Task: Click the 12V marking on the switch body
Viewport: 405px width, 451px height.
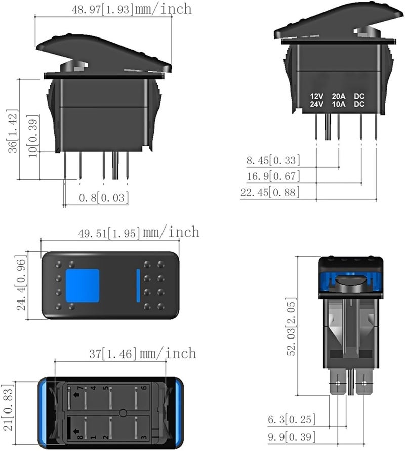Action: tap(317, 96)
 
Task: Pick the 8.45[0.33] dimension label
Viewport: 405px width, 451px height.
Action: tap(273, 161)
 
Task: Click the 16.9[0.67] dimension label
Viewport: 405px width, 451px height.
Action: tap(273, 176)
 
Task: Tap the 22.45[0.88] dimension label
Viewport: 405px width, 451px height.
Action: tap(270, 192)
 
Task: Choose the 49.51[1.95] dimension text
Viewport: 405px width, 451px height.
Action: tap(120, 233)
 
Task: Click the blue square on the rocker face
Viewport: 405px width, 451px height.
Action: tap(83, 285)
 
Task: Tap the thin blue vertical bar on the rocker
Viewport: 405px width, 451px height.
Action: tap(138, 285)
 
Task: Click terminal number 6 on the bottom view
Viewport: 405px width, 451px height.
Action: tap(144, 388)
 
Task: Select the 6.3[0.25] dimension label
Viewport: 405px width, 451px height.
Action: tap(292, 419)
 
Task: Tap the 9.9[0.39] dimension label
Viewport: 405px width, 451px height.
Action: tap(292, 436)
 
